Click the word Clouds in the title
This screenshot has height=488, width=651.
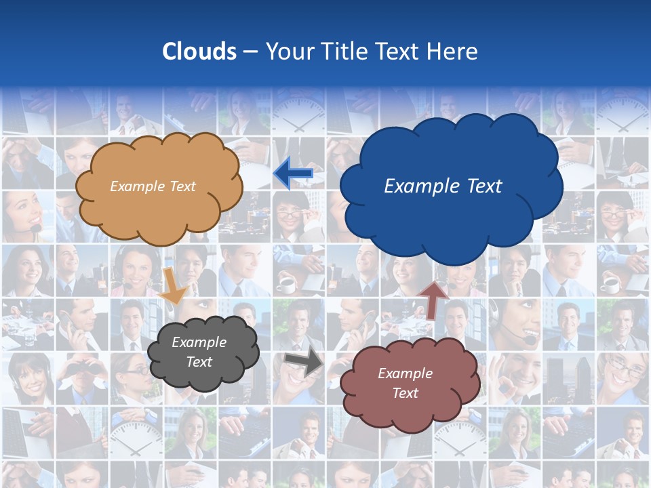pos(199,52)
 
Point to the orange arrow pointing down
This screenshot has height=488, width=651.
pos(173,285)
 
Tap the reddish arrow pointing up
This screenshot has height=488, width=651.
pos(434,299)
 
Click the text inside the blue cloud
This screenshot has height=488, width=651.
pos(443,186)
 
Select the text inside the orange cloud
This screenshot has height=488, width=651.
pos(153,186)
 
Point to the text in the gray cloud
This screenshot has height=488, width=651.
pos(199,352)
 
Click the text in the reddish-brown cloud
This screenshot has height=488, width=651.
pos(405,383)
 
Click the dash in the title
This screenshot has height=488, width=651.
pos(250,52)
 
